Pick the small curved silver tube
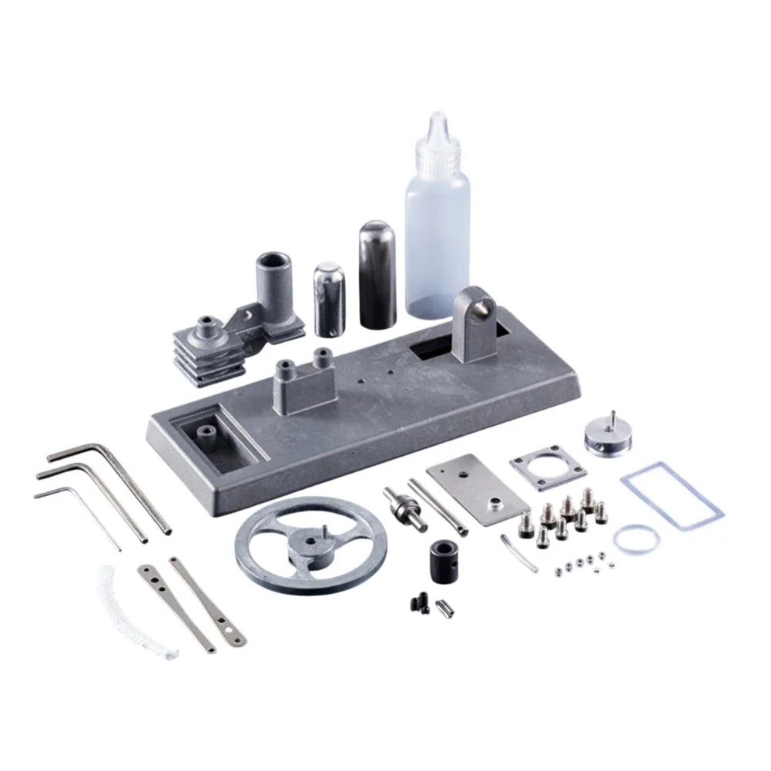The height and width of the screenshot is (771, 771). click(x=518, y=554)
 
